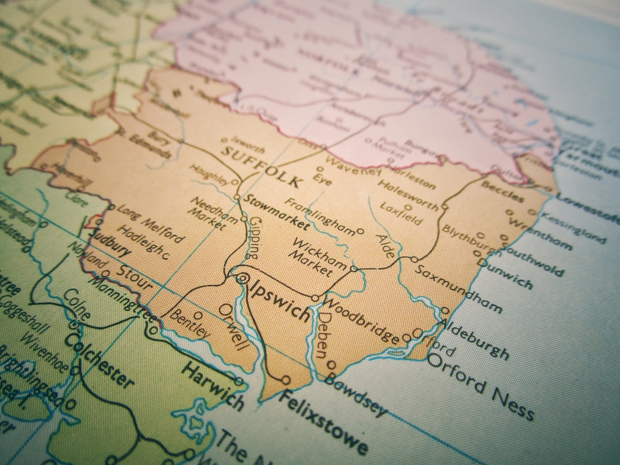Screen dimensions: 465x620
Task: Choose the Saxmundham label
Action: tap(458, 288)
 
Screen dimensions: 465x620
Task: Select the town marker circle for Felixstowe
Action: tap(285, 379)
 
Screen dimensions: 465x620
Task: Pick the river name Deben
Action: tap(321, 335)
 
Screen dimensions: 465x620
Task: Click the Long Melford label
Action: tap(149, 221)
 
